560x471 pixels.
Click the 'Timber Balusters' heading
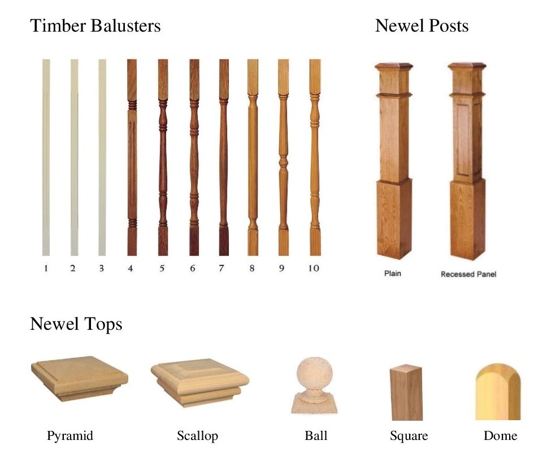95,26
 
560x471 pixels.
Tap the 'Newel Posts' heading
422,26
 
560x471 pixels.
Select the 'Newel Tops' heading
76,324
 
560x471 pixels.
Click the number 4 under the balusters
131,268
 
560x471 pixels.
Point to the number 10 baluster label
313,268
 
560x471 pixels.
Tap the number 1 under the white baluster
46,268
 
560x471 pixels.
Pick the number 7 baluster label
222,268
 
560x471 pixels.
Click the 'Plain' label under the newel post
393,274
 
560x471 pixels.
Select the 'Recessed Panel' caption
468,275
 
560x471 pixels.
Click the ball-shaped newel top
312,384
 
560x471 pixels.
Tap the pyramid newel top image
79,377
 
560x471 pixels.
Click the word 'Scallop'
197,436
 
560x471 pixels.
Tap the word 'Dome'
500,436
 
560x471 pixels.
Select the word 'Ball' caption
315,436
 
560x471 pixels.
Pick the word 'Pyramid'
70,436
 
